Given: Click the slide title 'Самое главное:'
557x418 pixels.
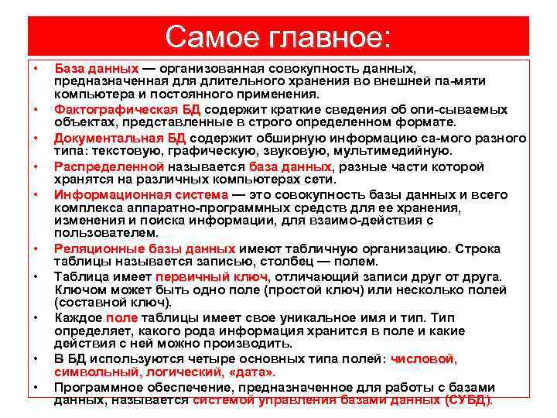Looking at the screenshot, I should point(278,36).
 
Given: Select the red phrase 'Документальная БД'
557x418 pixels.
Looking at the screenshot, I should point(120,138).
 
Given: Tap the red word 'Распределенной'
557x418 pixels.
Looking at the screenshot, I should point(109,166).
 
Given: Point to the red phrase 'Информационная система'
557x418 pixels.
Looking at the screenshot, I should point(131,194).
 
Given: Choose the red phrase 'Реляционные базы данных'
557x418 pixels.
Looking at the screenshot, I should point(145,249).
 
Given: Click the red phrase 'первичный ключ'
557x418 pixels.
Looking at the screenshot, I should point(211,277).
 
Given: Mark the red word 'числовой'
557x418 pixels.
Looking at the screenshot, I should point(424,358).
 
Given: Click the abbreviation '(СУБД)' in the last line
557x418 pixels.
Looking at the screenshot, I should point(468,400).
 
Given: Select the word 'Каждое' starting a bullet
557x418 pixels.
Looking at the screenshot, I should point(77,317).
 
